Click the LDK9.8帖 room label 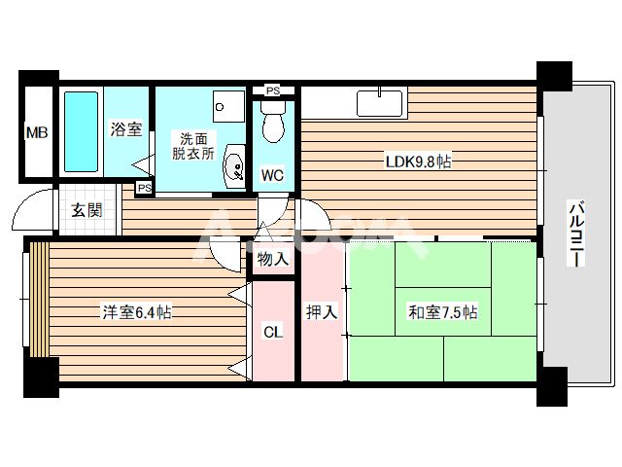tap(417, 162)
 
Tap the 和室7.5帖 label tap(443, 312)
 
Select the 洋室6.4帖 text tap(139, 312)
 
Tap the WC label tap(272, 176)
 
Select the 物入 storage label tap(272, 259)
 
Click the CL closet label tap(272, 333)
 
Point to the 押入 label tap(322, 312)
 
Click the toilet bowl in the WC tap(272, 127)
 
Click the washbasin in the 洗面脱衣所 tap(233, 167)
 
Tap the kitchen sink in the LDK tap(379, 101)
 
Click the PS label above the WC tap(272, 91)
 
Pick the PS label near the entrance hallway tap(144, 187)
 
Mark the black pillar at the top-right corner tap(554, 75)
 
